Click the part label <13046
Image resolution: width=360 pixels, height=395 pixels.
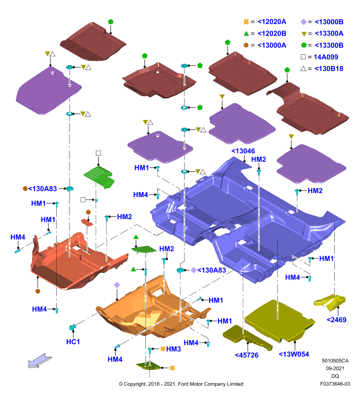click(x=243, y=151)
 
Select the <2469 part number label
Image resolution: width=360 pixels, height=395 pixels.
click(x=336, y=319)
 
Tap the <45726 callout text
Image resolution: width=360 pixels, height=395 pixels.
click(x=247, y=355)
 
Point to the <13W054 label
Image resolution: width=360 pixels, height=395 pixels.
click(x=294, y=354)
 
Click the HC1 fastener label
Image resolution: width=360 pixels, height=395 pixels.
click(x=73, y=342)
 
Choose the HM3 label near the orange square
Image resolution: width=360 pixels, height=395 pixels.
click(x=173, y=349)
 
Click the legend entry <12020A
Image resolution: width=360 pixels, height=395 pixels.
click(x=272, y=22)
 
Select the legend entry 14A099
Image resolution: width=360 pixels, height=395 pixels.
click(x=326, y=57)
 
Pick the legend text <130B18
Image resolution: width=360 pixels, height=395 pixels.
click(x=329, y=69)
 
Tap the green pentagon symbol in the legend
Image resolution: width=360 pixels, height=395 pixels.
click(x=304, y=45)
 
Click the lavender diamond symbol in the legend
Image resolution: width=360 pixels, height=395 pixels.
click(x=304, y=22)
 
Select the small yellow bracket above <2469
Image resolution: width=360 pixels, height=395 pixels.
click(x=329, y=302)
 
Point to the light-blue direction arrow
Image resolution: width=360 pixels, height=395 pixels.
click(x=40, y=360)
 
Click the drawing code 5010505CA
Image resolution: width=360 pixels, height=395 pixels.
click(x=335, y=361)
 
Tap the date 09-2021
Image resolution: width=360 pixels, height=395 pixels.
click(x=335, y=368)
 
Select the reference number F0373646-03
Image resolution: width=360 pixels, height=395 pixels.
click(x=335, y=384)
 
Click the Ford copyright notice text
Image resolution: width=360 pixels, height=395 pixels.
click(x=181, y=384)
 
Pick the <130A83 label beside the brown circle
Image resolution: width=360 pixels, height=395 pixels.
click(x=42, y=189)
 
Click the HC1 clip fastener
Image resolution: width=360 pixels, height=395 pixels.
click(x=72, y=327)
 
